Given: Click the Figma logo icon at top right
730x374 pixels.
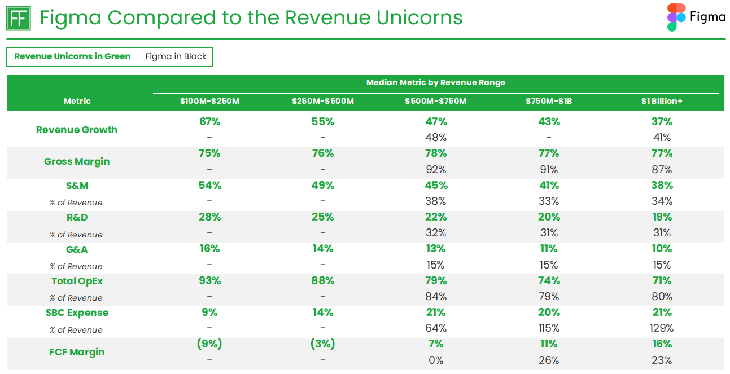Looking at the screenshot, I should pyautogui.click(x=676, y=17).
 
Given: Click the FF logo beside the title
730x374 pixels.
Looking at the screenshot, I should pyautogui.click(x=19, y=19).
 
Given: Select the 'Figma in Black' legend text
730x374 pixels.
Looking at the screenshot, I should pyautogui.click(x=176, y=56).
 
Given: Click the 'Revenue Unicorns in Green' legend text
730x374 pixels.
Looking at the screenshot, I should pyautogui.click(x=72, y=56).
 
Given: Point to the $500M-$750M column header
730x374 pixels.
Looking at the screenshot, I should pyautogui.click(x=435, y=101).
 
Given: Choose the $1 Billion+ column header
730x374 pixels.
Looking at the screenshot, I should pyautogui.click(x=662, y=101).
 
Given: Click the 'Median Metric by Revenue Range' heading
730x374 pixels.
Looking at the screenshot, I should pyautogui.click(x=435, y=82).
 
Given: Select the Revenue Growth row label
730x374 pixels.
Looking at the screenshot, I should pyautogui.click(x=77, y=130).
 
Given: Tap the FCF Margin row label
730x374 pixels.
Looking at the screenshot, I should pyautogui.click(x=77, y=352).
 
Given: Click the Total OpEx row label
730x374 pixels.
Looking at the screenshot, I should pyautogui.click(x=77, y=281).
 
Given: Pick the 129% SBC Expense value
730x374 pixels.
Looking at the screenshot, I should pyautogui.click(x=662, y=328).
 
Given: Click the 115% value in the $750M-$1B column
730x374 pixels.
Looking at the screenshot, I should pyautogui.click(x=548, y=328).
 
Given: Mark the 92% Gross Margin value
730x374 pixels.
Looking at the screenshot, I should pyautogui.click(x=435, y=169).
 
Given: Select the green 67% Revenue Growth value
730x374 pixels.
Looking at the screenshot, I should pyautogui.click(x=209, y=122).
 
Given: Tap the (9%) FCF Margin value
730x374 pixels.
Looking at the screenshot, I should pyautogui.click(x=209, y=344).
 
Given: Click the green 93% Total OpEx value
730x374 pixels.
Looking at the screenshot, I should pyautogui.click(x=209, y=281).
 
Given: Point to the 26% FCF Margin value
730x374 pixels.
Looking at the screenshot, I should pyautogui.click(x=548, y=360).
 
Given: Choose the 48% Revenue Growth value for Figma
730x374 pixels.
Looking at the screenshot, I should pyautogui.click(x=435, y=138).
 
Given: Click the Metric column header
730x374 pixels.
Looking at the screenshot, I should pyautogui.click(x=77, y=101).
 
